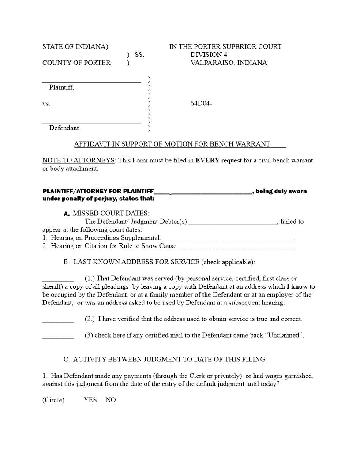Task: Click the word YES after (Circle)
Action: point(90,400)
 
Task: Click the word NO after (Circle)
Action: point(111,400)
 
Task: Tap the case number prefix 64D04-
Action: point(201,104)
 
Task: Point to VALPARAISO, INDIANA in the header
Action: point(229,63)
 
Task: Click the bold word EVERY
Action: point(207,160)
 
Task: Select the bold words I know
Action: point(297,286)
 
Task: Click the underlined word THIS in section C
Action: point(232,359)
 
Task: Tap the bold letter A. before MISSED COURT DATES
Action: point(67,214)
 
